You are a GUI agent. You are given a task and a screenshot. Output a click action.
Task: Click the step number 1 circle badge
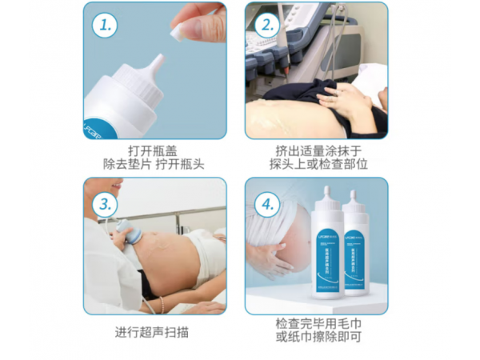pyautogui.click(x=103, y=25)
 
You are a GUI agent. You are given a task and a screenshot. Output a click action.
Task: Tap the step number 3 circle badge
pyautogui.click(x=103, y=203)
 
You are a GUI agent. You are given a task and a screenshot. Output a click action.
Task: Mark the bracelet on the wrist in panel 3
pyautogui.click(x=162, y=304)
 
